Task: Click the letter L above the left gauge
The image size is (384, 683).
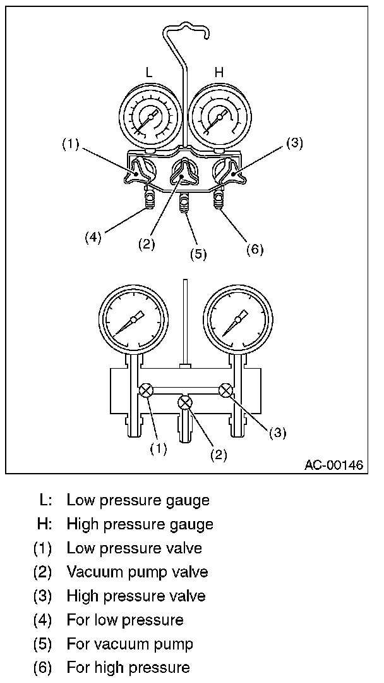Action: click(x=149, y=73)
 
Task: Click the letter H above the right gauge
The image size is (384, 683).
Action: click(x=219, y=73)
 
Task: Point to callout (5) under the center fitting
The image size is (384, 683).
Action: click(x=198, y=254)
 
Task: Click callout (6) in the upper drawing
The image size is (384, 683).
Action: click(x=254, y=249)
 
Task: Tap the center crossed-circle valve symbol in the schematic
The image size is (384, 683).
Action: click(x=185, y=402)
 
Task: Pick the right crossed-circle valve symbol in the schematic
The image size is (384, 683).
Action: click(x=224, y=390)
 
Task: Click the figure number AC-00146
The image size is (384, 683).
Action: click(x=333, y=465)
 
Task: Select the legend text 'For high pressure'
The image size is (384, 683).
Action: click(x=128, y=667)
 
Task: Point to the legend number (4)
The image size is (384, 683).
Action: click(x=43, y=620)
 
